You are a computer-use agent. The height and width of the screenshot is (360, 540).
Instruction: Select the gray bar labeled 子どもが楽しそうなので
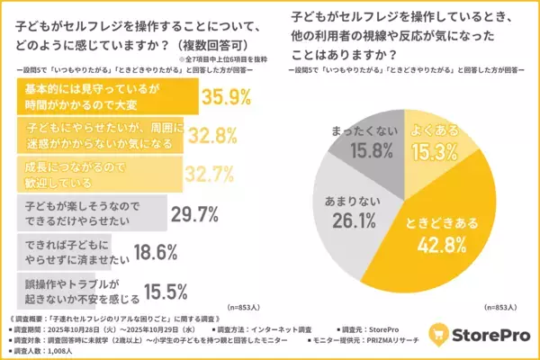point(90,214)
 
